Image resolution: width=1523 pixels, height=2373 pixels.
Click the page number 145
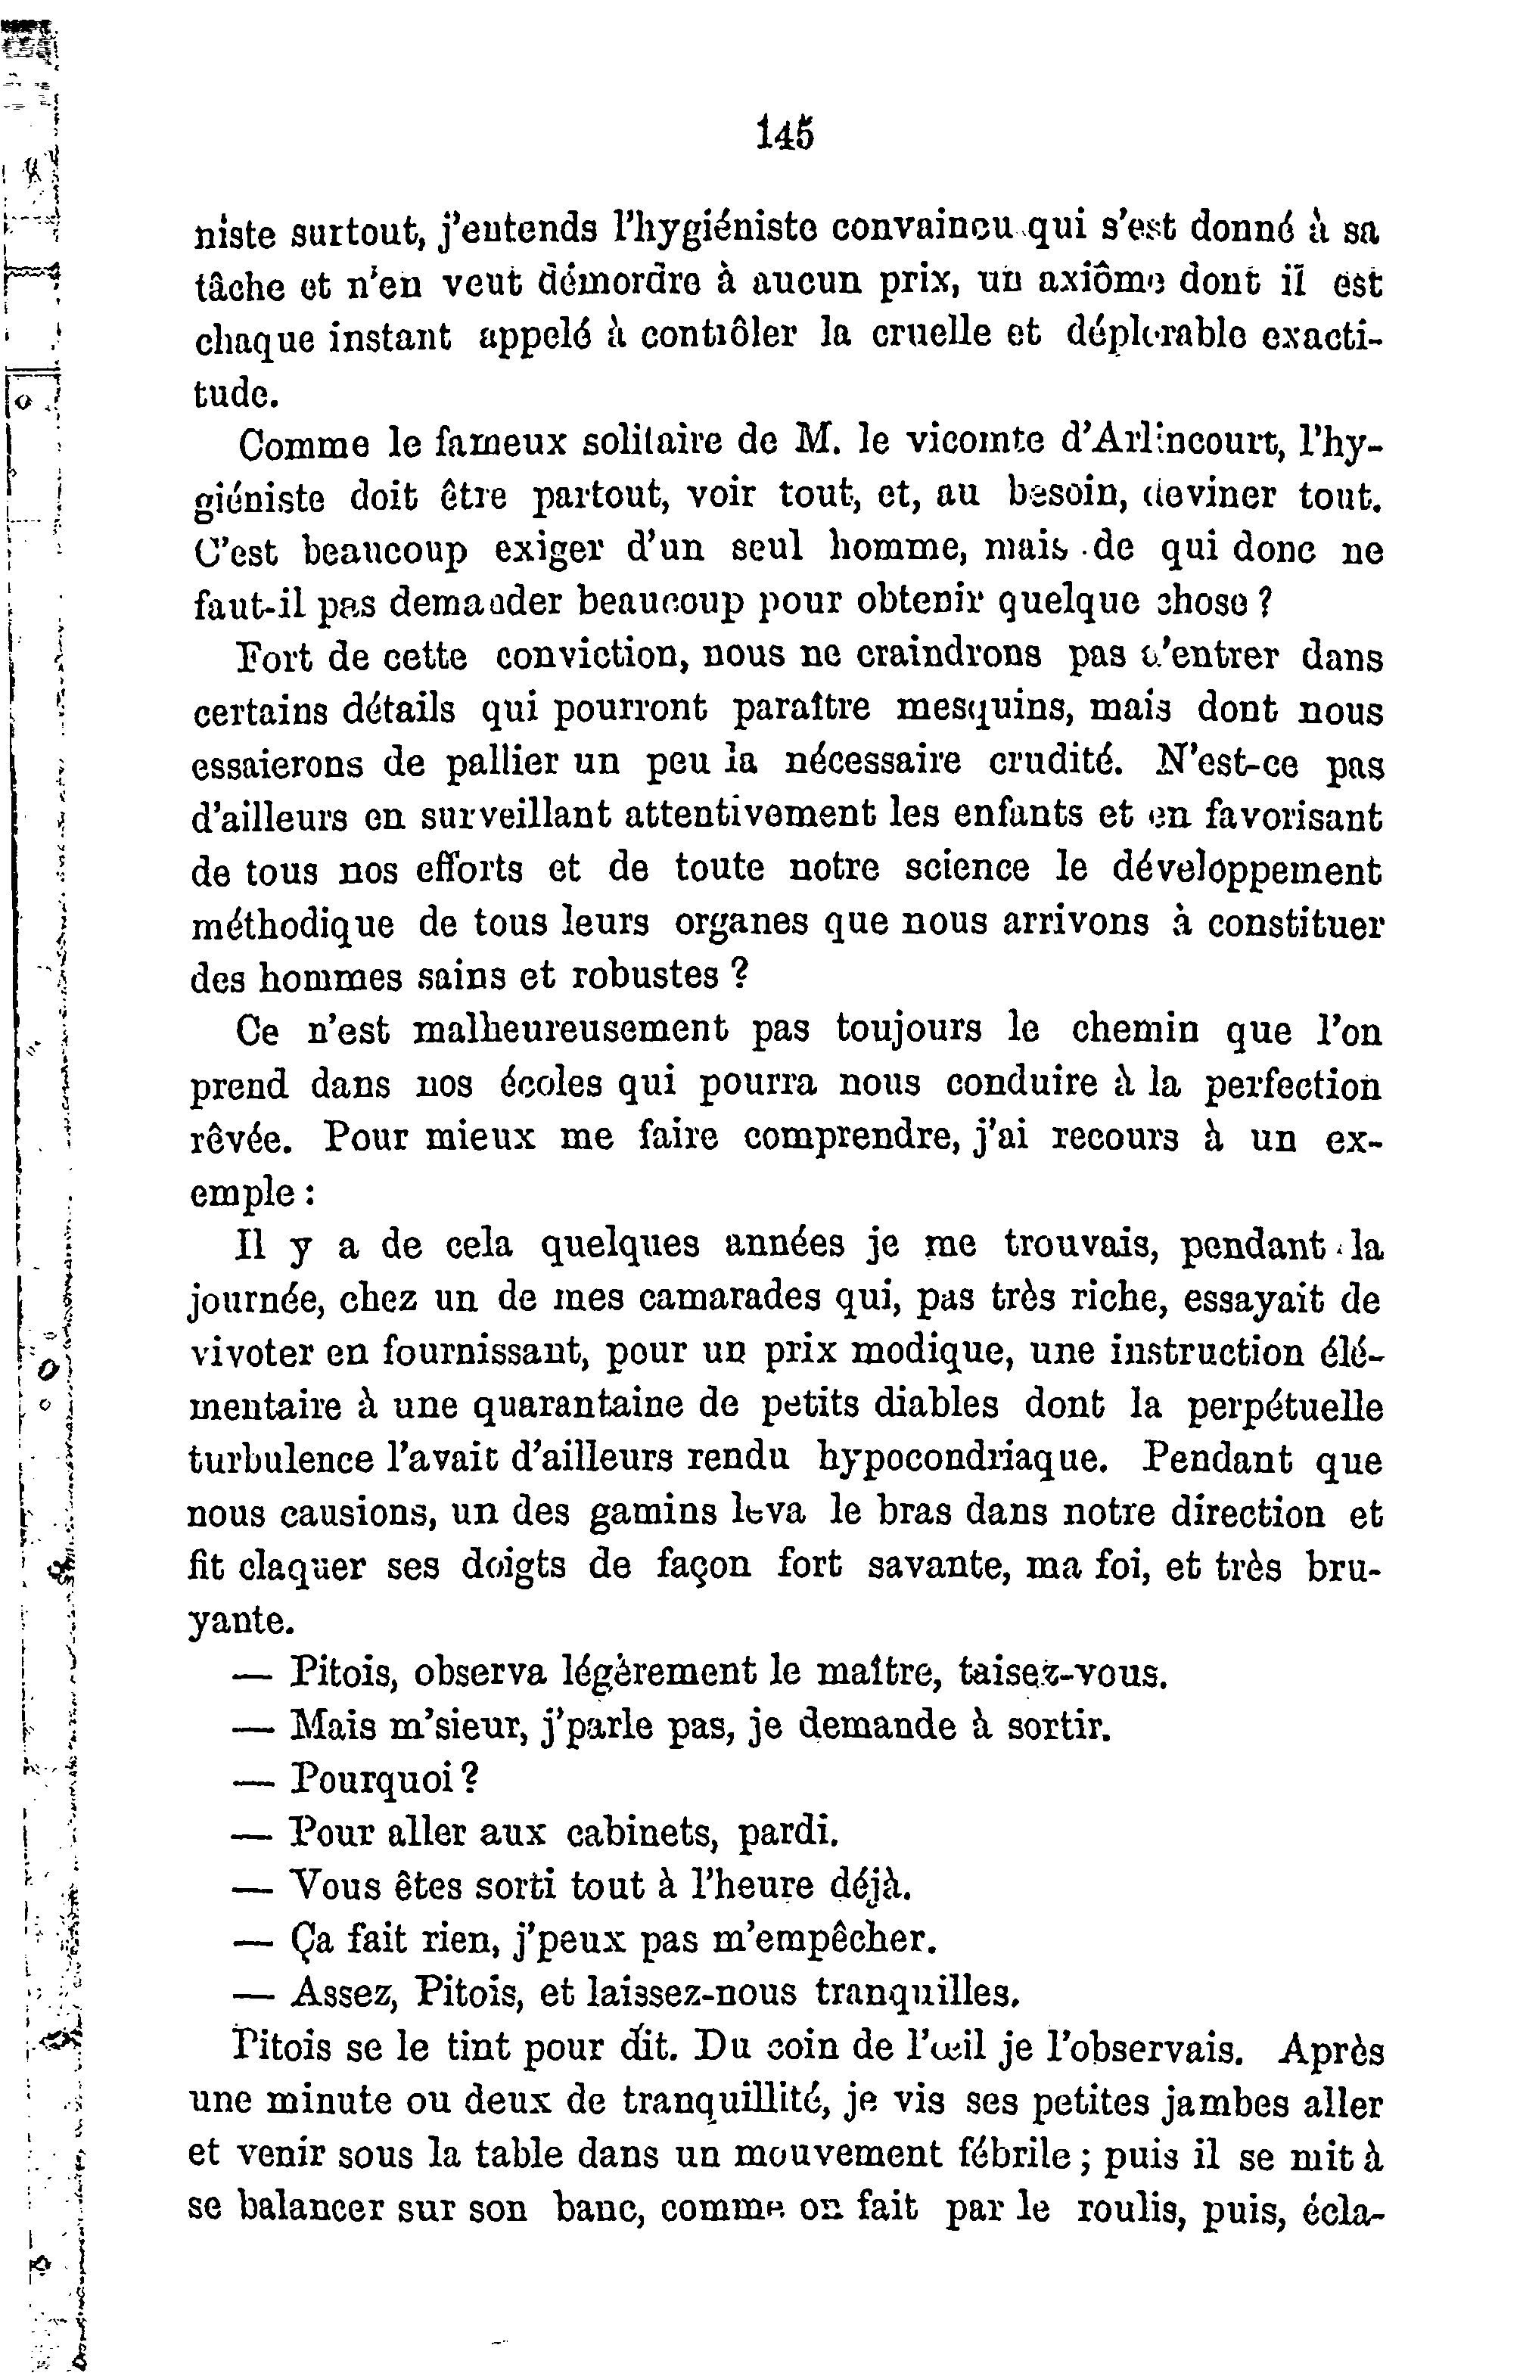(x=785, y=132)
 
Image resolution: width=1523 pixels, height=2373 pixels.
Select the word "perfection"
(x=1291, y=1086)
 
